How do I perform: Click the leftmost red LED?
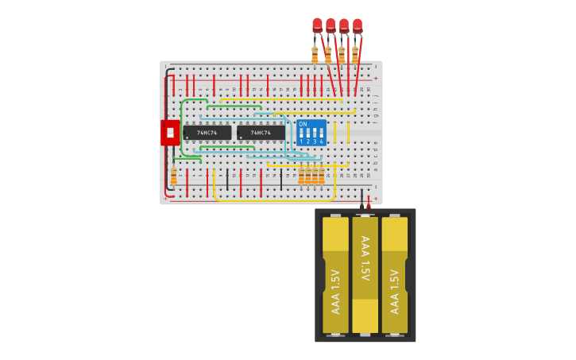(317, 25)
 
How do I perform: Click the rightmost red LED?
(358, 25)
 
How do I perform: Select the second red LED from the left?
(331, 25)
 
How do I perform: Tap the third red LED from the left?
(344, 25)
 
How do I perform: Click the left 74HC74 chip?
(207, 133)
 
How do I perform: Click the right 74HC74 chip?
(261, 133)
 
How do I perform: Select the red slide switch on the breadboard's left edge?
(170, 133)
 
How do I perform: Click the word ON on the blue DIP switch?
(303, 125)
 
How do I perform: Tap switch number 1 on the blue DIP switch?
(301, 134)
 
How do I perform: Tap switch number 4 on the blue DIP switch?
(321, 134)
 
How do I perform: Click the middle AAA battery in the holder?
(365, 274)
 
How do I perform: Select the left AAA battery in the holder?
(335, 274)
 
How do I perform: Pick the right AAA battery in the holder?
(394, 274)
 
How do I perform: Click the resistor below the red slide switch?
(174, 176)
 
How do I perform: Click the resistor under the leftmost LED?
(315, 54)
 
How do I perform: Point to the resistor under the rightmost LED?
(355, 54)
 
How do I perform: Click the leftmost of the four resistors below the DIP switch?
(302, 176)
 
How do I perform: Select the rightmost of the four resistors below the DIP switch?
(322, 176)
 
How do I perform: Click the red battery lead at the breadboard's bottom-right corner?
(369, 200)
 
